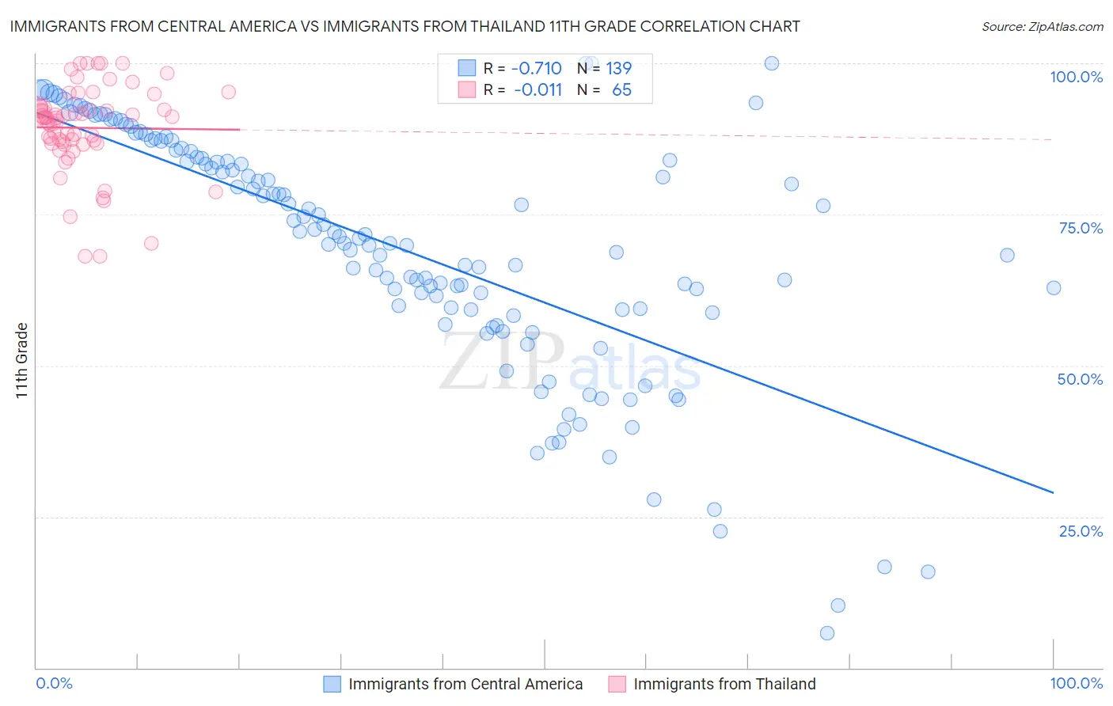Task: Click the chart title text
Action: point(405,26)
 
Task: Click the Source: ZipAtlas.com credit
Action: point(1042,26)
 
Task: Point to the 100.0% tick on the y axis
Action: point(1076,77)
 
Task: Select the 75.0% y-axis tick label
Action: point(1081,228)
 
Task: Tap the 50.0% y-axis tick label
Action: point(1080,379)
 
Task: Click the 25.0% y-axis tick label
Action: point(1081,530)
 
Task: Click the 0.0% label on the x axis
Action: point(54,683)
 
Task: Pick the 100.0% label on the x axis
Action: point(1076,683)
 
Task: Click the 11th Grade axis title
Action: point(22,360)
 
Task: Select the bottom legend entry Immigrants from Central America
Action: point(465,684)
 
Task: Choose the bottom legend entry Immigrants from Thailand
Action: point(724,684)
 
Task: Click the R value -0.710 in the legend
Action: point(536,68)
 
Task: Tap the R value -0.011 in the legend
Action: point(538,89)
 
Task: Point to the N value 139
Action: point(618,68)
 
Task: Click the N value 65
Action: point(621,89)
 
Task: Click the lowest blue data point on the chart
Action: point(827,633)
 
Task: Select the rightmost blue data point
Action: point(1054,288)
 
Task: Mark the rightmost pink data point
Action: point(228,92)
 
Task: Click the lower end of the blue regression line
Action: point(1053,492)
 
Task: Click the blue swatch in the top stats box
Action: point(467,68)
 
